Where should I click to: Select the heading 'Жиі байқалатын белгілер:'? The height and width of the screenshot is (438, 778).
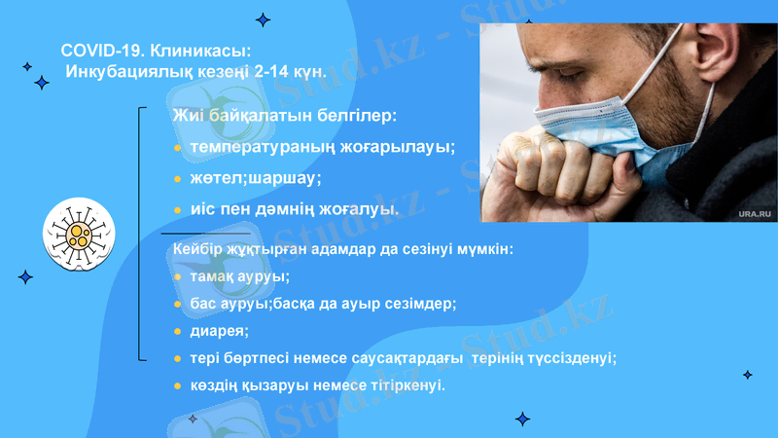click(x=284, y=116)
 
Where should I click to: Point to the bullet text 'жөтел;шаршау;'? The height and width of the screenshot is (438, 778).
click(x=256, y=178)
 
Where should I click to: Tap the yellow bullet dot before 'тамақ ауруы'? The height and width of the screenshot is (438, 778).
click(x=177, y=277)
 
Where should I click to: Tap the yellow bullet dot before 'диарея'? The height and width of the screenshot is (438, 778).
click(x=177, y=330)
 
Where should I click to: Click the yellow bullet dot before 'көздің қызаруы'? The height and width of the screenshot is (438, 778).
click(x=177, y=384)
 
